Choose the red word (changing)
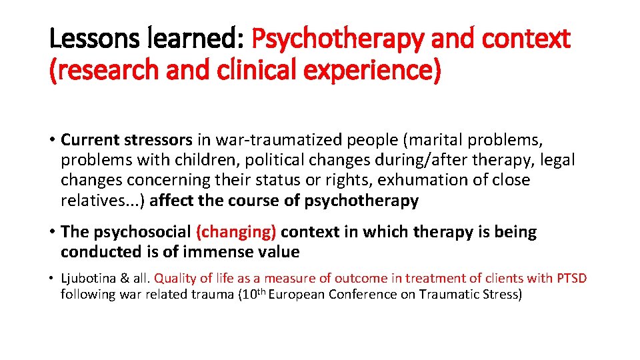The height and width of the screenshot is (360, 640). [236, 232]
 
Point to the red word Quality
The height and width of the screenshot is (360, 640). [174, 278]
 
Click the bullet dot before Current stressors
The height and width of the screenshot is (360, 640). [52, 141]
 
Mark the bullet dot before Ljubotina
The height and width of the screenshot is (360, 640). [52, 279]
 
